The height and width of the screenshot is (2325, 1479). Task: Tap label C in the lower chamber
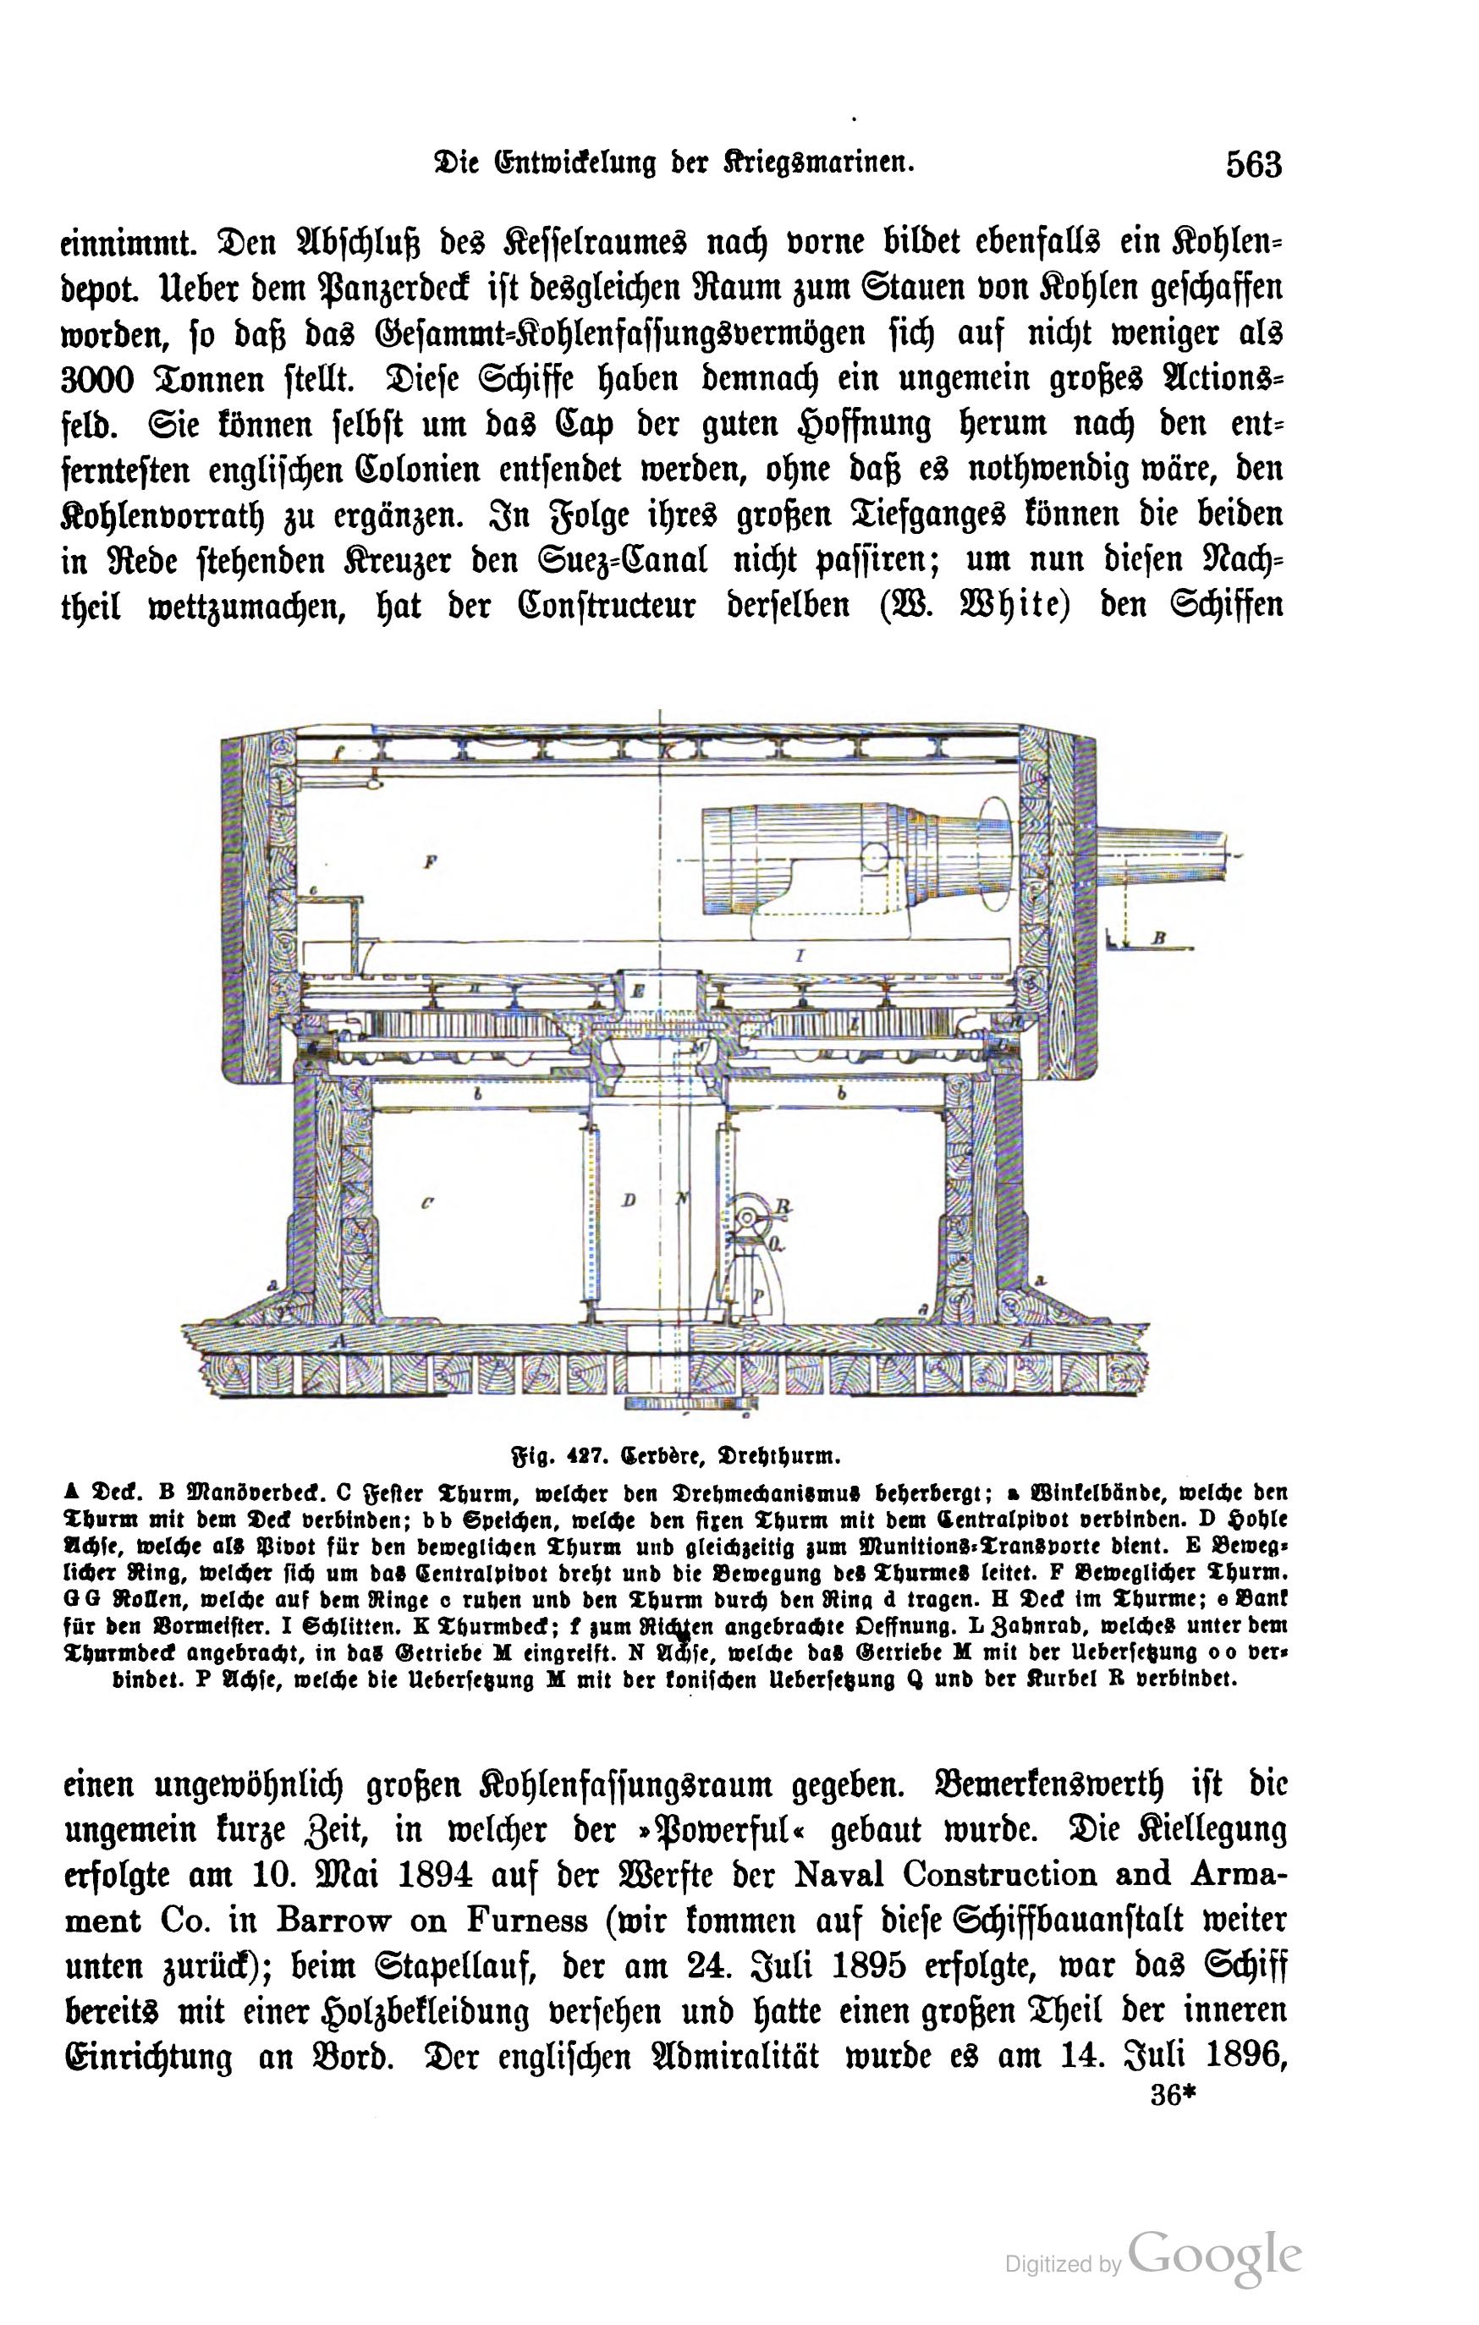click(426, 1203)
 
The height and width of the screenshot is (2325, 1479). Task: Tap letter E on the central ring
click(639, 991)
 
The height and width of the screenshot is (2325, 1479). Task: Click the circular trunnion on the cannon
click(875, 856)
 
